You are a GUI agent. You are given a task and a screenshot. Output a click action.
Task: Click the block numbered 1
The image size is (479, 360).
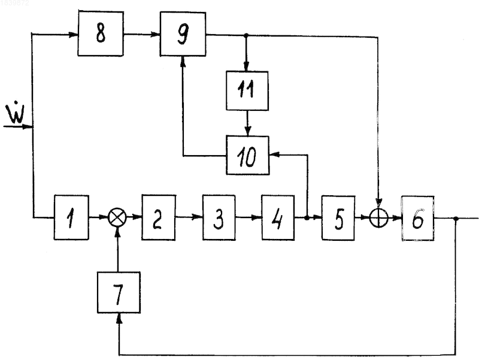pos(71,217)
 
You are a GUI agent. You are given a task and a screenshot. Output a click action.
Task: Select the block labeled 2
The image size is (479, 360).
pos(159,217)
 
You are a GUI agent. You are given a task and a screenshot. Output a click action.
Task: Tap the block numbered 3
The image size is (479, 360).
pos(219,217)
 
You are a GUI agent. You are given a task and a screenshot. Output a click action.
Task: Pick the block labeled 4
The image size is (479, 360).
pos(278,217)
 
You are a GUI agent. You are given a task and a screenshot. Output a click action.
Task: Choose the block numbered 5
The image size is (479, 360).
pos(338,217)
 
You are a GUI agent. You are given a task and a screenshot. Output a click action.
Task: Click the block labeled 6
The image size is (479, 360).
pos(417,218)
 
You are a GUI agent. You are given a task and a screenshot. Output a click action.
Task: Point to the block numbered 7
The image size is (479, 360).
pos(119,292)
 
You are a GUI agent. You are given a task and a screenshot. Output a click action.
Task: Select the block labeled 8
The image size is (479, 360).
pos(101,34)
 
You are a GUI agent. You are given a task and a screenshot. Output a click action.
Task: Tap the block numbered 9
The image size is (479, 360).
pos(183,34)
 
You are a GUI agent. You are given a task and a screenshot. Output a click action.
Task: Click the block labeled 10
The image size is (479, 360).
pos(247,155)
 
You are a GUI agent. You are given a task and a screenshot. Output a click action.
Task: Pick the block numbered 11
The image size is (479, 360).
pos(247,91)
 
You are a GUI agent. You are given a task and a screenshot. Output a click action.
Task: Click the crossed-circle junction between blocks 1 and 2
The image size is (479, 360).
pos(117,217)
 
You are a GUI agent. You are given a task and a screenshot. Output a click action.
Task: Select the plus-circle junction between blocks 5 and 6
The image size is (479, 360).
pos(379,218)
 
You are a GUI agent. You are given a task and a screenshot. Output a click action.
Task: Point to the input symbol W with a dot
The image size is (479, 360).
pos(16,114)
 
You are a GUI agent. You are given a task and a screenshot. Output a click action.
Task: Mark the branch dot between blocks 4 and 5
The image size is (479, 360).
pos(307,217)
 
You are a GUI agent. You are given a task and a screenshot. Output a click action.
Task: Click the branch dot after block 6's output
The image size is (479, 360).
pos(456,219)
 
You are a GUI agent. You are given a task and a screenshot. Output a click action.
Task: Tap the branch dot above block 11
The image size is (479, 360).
pos(247,35)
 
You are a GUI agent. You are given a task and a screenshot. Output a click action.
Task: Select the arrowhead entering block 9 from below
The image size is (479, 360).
pos(183,61)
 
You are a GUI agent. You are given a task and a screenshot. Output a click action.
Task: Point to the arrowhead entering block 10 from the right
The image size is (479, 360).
pos(274,155)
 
